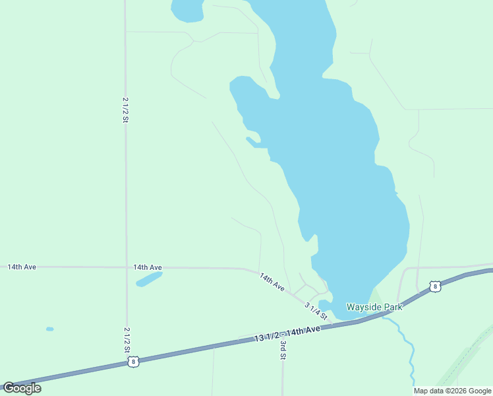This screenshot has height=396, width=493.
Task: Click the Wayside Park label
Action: pos(374,307)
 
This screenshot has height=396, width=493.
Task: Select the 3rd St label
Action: pos(283,350)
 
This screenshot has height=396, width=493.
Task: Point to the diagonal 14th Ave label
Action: pos(272,282)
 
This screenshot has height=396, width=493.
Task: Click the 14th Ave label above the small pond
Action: pos(148,267)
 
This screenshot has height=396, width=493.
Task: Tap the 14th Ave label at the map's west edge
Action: pos(22,267)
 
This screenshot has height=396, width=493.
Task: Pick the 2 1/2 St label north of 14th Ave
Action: pos(125,110)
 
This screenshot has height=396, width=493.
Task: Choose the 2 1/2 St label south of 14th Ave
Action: pos(127,339)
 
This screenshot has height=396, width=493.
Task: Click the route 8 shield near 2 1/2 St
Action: pos(133,362)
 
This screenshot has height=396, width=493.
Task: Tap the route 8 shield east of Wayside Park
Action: pos(434,286)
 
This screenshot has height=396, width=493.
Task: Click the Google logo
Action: pos(22,387)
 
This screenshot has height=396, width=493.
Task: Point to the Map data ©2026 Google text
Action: pos(453,391)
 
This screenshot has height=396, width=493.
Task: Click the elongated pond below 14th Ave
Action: pos(150,279)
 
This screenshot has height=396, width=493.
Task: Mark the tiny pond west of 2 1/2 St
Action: pos(50,329)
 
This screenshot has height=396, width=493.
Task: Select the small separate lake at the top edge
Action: pos(187,9)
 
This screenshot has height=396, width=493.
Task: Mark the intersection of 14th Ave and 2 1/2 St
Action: pos(126,267)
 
